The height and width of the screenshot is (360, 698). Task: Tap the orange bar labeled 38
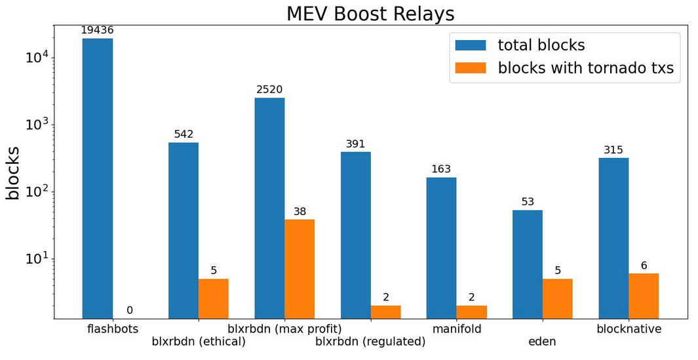coord(300,269)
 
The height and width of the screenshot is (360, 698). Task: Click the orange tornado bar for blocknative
coord(644,296)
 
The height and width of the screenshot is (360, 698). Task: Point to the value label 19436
coord(97,30)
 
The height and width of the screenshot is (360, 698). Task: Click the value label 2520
coord(269,89)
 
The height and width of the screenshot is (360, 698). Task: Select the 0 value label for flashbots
coord(129,310)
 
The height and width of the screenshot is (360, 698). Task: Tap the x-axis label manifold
coord(457,329)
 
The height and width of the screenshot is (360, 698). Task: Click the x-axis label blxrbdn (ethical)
coord(199,341)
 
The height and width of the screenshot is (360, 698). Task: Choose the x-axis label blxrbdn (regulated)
coord(370,341)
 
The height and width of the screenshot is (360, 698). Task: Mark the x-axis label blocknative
coord(629,329)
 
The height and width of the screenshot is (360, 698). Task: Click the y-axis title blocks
coord(13,172)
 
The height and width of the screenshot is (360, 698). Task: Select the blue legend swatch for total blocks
coord(471,45)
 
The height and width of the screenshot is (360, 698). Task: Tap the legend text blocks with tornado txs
coord(586,68)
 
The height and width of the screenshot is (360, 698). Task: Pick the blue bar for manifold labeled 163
coord(441,248)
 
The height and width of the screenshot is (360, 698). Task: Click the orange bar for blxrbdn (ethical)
coord(214,299)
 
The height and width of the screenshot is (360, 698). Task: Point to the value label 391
coord(355,144)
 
